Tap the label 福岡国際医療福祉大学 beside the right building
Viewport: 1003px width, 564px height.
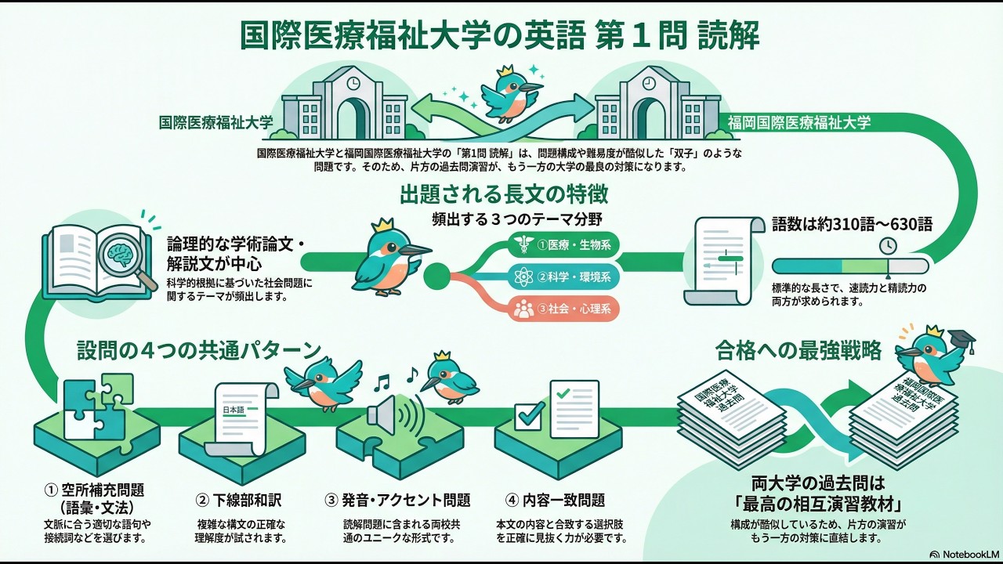[x=798, y=122]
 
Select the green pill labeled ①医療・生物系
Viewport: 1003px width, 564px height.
[x=564, y=245]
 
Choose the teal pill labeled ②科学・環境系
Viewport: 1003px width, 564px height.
[x=564, y=277]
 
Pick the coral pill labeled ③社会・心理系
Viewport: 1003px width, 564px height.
[x=564, y=308]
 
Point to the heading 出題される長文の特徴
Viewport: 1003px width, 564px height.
[x=504, y=193]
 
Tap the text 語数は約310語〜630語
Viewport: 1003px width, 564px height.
[x=852, y=224]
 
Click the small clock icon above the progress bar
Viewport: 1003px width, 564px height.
[x=887, y=245]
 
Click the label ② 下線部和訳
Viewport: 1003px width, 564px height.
[x=238, y=500]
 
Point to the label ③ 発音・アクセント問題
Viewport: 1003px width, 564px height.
[x=397, y=500]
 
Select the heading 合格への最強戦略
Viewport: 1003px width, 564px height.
[x=798, y=350]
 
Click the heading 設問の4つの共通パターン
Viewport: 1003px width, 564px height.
[x=199, y=349]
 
